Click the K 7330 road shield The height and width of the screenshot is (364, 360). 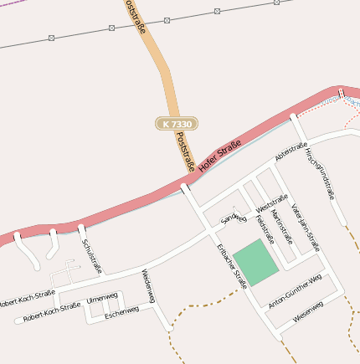click(x=176, y=123)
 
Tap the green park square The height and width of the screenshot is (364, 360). click(x=255, y=261)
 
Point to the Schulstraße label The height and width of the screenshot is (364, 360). click(x=91, y=255)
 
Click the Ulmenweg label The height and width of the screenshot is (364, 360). click(x=100, y=299)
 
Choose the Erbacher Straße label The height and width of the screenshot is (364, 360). click(x=232, y=266)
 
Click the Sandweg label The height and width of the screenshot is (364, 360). click(x=234, y=218)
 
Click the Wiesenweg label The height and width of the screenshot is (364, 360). click(x=307, y=315)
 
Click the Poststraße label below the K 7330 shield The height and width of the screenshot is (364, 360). click(x=186, y=154)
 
